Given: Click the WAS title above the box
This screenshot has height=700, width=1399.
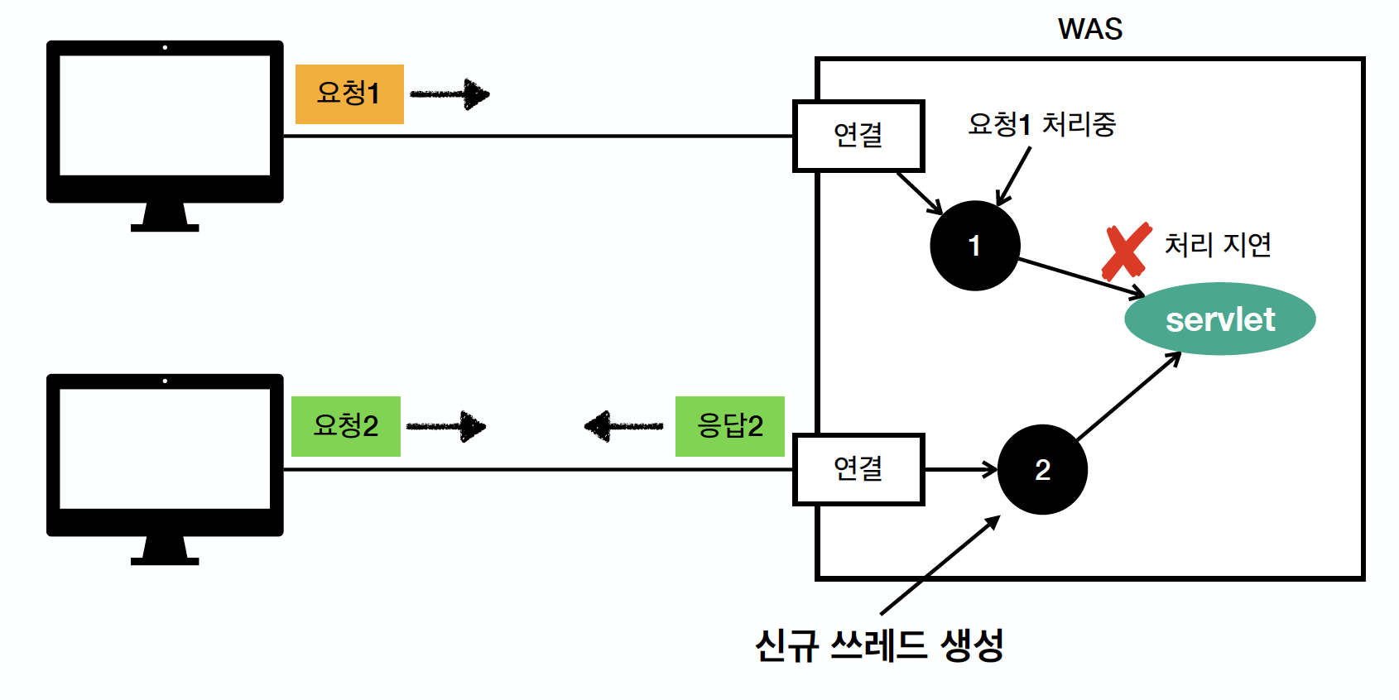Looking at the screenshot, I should coord(1089,29).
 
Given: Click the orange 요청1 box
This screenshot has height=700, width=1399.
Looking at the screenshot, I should coord(349,93).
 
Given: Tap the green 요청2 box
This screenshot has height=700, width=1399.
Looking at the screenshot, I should coord(346,426).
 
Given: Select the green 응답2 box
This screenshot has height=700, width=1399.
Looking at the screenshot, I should coord(729,426).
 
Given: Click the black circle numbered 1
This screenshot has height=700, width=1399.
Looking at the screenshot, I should coord(974,246).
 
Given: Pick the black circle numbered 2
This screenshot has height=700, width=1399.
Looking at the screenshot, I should coord(1042,469).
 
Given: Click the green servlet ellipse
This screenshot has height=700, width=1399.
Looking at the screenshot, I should coord(1219,319).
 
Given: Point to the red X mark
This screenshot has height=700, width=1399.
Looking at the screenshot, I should coord(1126,252).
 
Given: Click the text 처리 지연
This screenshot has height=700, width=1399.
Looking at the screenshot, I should coord(1217,245).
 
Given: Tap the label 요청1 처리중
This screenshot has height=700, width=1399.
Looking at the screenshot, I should coord(1041,125).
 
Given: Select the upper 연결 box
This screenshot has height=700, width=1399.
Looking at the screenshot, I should coord(858,136).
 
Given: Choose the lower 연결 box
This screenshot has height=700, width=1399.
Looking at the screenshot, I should coord(858,469).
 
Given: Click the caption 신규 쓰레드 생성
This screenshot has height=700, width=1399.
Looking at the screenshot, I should coord(879,645).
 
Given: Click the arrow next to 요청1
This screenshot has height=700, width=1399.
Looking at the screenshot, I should coord(450,94).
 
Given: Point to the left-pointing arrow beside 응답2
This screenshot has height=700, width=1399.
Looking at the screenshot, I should coord(623,426).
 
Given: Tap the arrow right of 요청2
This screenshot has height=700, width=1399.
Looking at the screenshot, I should coord(446,427).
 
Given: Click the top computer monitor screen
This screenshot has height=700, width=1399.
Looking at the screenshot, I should coord(165,116).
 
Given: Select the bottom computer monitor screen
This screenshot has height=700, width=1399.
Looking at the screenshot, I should coord(165,449).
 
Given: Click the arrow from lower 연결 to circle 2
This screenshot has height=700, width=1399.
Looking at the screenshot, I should coord(960,469).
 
